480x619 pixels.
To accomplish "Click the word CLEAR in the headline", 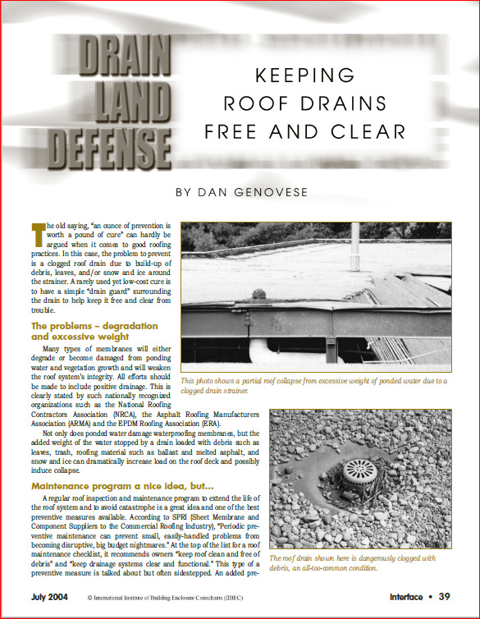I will pos(365,131).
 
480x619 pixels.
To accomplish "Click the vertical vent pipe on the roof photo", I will pos(354,247).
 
